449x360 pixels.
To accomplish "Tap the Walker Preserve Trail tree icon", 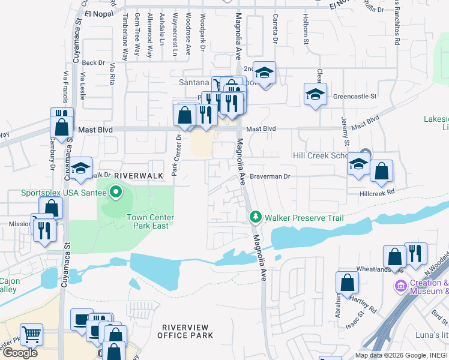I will [x=256, y=216].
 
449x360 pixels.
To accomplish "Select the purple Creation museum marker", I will [x=400, y=287].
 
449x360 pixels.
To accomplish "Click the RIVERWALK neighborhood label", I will [x=139, y=175].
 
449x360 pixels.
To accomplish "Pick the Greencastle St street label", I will [x=354, y=96].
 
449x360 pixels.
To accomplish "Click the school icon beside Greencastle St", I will [x=315, y=94].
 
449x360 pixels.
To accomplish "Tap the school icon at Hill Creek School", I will [x=359, y=163].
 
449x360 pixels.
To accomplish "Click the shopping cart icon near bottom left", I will [x=31, y=334].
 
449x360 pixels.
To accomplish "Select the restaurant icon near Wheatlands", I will [x=415, y=253].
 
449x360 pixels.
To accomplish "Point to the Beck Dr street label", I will [x=93, y=62].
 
